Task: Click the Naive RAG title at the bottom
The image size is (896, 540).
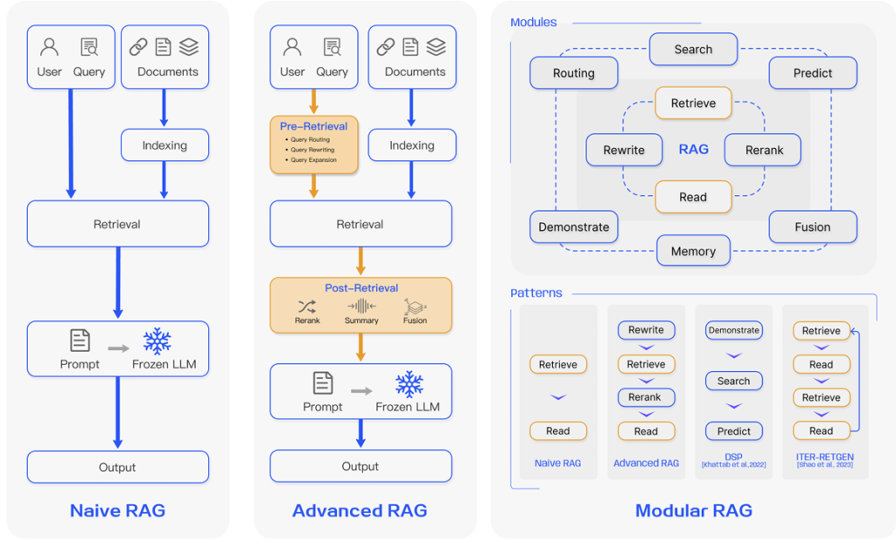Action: (x=117, y=510)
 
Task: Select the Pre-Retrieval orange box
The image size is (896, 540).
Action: (x=313, y=144)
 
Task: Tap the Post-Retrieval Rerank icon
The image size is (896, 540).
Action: (x=307, y=306)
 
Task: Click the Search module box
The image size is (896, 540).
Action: (x=693, y=50)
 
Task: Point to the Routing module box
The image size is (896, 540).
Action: (x=573, y=74)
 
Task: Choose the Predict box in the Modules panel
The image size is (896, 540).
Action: (x=812, y=74)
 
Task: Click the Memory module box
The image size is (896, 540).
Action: (x=693, y=251)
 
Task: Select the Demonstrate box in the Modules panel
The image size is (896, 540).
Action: (x=573, y=228)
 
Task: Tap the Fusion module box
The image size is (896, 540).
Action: (x=812, y=228)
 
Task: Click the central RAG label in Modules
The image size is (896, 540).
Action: (x=693, y=150)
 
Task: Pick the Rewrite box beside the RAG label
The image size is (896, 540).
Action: (x=624, y=150)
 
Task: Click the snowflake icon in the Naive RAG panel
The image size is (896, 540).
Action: (x=157, y=340)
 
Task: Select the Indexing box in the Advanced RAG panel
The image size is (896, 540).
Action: (x=411, y=145)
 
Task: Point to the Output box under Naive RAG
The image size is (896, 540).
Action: (x=117, y=467)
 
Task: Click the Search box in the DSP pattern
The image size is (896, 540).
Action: (x=733, y=381)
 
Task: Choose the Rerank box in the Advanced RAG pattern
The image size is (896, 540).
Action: (x=645, y=397)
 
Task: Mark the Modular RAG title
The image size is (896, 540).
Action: (x=693, y=510)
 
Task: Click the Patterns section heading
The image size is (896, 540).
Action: (x=535, y=293)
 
